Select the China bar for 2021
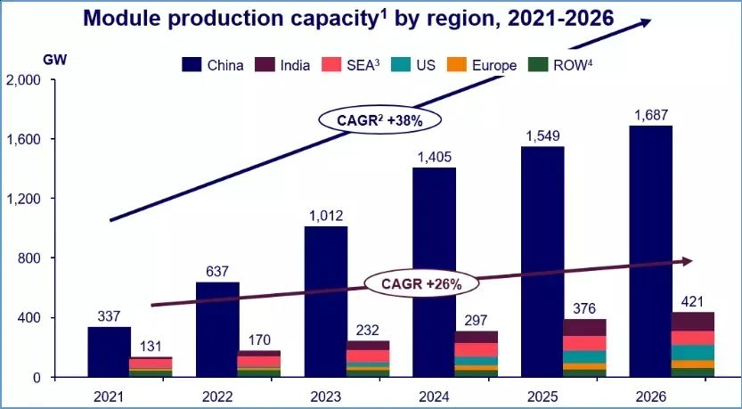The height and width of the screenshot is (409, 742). (110, 352)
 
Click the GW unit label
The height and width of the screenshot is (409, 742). (54, 60)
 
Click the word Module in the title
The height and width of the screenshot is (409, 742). (122, 17)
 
